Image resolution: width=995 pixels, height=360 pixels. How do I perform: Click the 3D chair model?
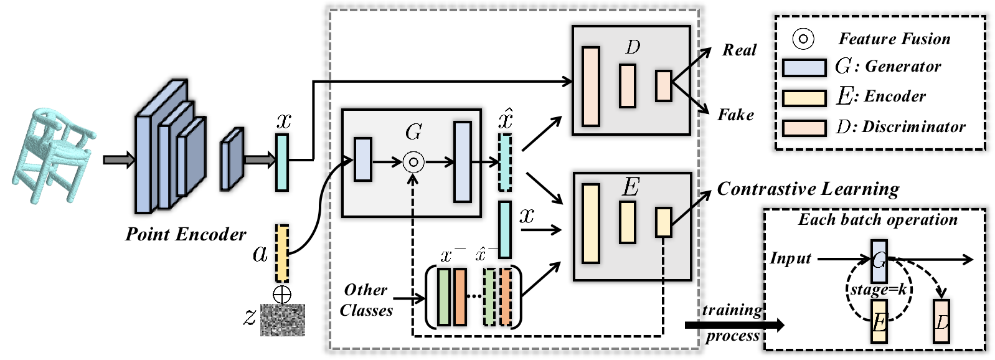(54, 154)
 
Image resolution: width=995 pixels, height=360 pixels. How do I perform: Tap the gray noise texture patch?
(282, 320)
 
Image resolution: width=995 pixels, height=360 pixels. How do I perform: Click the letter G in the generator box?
(413, 132)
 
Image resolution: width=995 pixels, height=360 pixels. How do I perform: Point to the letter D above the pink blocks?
(633, 47)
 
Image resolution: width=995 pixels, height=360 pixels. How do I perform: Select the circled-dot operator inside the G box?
(413, 163)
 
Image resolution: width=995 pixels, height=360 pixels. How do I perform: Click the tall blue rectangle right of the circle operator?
(463, 162)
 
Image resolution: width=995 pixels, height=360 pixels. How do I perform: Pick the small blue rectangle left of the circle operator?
(363, 160)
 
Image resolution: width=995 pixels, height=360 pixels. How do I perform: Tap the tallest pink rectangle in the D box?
(590, 87)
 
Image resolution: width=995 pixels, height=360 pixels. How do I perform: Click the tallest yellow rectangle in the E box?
(590, 223)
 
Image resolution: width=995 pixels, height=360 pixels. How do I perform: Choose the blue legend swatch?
(804, 68)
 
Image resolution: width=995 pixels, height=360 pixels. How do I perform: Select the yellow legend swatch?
(804, 98)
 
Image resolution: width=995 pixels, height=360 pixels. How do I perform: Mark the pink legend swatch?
(804, 128)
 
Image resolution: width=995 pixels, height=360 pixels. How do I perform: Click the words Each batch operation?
(877, 220)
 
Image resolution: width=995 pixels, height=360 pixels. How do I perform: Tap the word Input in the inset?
(790, 258)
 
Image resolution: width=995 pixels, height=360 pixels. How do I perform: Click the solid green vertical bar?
(444, 297)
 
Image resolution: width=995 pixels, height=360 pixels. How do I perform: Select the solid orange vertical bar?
(460, 297)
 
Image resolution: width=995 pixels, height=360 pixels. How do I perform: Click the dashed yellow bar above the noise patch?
(282, 253)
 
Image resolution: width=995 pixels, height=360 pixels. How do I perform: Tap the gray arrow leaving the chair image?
(118, 161)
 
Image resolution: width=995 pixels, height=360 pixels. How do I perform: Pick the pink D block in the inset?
(941, 321)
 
